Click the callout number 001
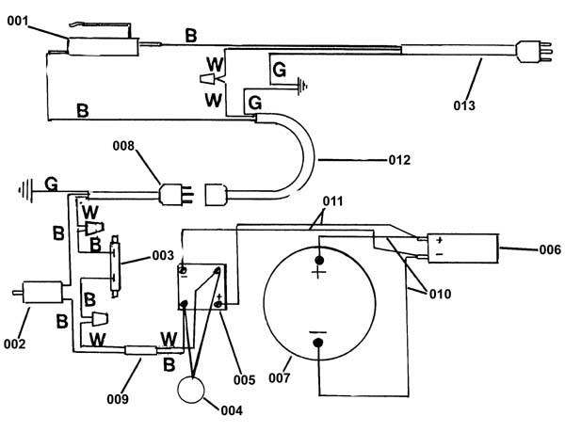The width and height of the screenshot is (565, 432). (x=18, y=21)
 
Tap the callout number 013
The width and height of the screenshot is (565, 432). (x=464, y=105)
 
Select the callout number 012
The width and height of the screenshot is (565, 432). (x=399, y=159)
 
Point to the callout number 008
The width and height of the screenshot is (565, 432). (x=123, y=146)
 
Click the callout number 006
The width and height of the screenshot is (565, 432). (x=550, y=249)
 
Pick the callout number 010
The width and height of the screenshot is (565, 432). (x=441, y=295)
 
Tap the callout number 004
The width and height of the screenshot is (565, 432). (x=232, y=410)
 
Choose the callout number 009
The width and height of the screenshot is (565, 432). (x=118, y=399)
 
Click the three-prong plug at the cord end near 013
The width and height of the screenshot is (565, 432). (x=534, y=52)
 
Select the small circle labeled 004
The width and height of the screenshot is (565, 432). (x=191, y=390)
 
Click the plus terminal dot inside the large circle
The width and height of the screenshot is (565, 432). (x=319, y=260)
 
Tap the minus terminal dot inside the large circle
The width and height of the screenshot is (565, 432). (x=318, y=343)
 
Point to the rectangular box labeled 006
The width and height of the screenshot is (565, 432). (x=462, y=248)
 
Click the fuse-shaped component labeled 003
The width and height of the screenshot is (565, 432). (x=116, y=265)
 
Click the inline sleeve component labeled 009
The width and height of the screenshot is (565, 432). (x=141, y=350)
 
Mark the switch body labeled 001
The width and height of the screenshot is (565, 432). (x=104, y=46)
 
